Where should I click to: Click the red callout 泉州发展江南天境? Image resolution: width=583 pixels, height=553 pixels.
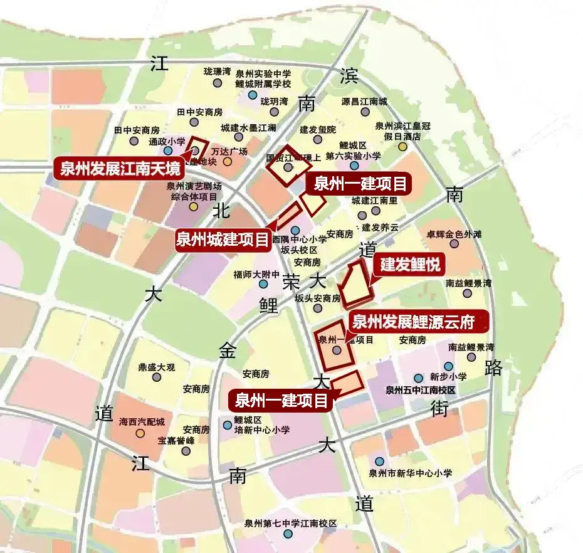click(x=119, y=169)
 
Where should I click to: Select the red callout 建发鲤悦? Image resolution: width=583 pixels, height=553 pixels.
click(x=408, y=265)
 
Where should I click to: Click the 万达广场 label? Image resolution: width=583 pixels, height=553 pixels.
click(x=229, y=152)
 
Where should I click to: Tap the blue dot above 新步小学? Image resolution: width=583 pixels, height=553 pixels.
click(x=448, y=366)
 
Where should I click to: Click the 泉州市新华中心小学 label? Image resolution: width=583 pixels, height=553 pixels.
click(x=410, y=473)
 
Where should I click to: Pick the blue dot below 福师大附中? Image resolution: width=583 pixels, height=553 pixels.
click(x=263, y=284)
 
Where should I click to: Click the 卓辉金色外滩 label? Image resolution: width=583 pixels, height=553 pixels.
click(x=454, y=234)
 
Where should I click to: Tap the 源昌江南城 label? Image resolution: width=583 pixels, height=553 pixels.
click(x=364, y=101)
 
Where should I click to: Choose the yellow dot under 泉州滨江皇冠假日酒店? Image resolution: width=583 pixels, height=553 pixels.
click(x=401, y=146)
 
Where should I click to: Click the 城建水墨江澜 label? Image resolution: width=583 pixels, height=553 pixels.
click(x=248, y=127)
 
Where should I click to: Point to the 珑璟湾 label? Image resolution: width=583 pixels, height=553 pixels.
click(x=218, y=72)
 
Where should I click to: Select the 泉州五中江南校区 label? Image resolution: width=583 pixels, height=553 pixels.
click(x=419, y=390)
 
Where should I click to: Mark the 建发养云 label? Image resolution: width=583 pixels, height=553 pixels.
click(x=380, y=227)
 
